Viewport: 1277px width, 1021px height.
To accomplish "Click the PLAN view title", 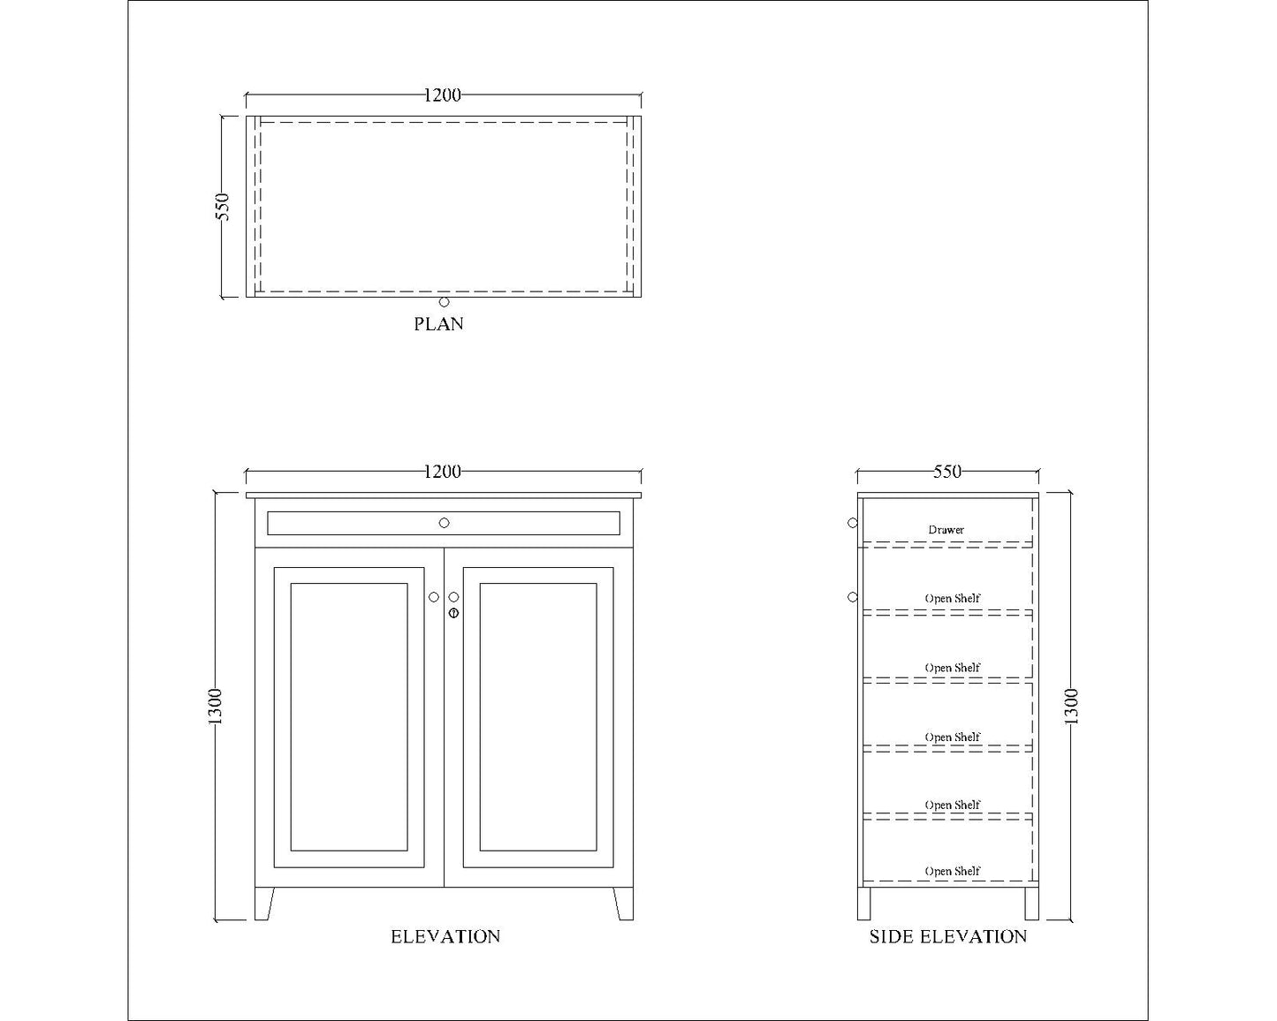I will pos(438,324).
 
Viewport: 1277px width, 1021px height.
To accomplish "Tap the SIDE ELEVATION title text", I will pos(947,937).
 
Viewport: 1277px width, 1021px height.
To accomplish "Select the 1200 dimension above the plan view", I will pos(442,95).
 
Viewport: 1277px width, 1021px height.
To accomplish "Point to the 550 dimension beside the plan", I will pos(223,207).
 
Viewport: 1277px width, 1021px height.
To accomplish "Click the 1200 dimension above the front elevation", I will pos(442,472).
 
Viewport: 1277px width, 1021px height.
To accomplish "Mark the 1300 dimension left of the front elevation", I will pos(217,707).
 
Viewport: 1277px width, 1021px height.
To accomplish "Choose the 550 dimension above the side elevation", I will pos(947,472).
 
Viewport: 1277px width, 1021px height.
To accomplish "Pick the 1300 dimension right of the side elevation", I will pos(1071,707).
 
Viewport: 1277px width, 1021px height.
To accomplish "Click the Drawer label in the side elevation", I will pos(946,530).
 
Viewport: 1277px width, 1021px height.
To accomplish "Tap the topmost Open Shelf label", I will pos(952,598).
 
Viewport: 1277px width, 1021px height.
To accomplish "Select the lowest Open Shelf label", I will pos(952,871).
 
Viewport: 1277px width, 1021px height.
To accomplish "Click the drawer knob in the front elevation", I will pos(444,523).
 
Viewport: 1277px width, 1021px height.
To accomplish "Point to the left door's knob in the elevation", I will pos(434,597).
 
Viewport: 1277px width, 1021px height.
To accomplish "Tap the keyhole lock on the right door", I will pos(453,612).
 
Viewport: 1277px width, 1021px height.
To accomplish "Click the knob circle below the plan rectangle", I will pos(444,302).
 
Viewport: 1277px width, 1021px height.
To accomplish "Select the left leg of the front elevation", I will pos(263,904).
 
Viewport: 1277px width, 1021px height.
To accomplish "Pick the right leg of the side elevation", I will pos(1031,904).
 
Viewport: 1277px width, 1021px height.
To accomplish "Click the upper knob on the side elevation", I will pos(853,523).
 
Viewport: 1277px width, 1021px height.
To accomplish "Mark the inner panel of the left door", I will pos(349,716).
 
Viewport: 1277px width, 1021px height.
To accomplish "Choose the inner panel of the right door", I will pos(537,716).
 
